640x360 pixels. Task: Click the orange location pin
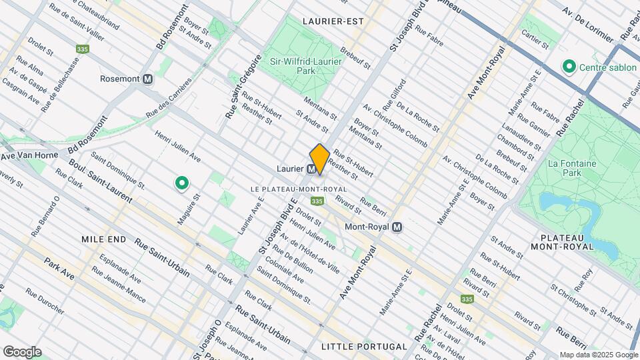[319, 159]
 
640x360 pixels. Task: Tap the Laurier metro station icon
[311, 169]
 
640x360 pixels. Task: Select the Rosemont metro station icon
[148, 79]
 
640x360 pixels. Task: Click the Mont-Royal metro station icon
[397, 227]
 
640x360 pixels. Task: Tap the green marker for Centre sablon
[569, 67]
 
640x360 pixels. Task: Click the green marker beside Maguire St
[181, 183]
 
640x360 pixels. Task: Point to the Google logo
[22, 351]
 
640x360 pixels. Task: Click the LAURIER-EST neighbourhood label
[333, 21]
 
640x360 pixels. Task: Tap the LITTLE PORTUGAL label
[363, 347]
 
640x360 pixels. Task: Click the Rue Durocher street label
[45, 301]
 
